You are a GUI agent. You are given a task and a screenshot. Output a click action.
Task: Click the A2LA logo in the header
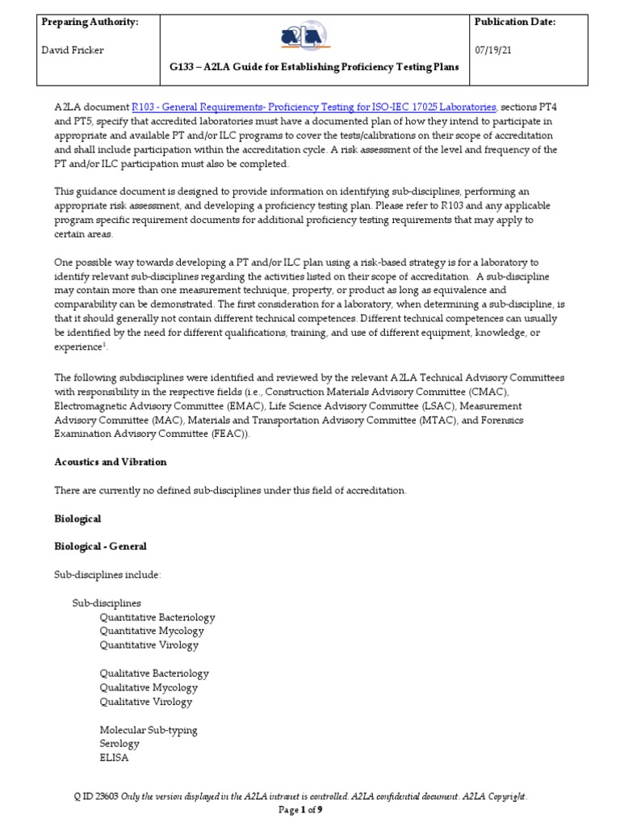pyautogui.click(x=316, y=37)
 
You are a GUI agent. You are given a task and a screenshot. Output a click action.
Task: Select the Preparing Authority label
pyautogui.click(x=90, y=22)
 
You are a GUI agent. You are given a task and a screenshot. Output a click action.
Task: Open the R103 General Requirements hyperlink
pyautogui.click(x=314, y=107)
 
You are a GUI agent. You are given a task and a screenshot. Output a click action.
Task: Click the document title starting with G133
pyautogui.click(x=316, y=67)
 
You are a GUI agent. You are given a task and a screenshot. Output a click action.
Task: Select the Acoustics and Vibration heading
pyautogui.click(x=110, y=462)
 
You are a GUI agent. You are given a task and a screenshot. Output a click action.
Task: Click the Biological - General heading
pyautogui.click(x=100, y=546)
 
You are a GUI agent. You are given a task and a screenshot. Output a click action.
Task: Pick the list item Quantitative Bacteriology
pyautogui.click(x=157, y=618)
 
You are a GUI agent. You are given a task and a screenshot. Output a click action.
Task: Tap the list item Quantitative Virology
pyautogui.click(x=149, y=645)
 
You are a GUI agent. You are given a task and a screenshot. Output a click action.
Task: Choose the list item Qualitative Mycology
pyautogui.click(x=149, y=687)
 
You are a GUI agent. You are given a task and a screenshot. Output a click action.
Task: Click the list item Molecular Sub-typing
pyautogui.click(x=149, y=730)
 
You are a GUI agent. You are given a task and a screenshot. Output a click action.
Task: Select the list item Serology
pyautogui.click(x=119, y=744)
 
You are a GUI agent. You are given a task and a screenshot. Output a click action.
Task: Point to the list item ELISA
pyautogui.click(x=114, y=758)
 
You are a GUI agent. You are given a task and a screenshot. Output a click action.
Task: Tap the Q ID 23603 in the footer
pyautogui.click(x=96, y=797)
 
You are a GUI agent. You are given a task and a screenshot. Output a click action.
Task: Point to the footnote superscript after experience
pyautogui.click(x=106, y=344)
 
